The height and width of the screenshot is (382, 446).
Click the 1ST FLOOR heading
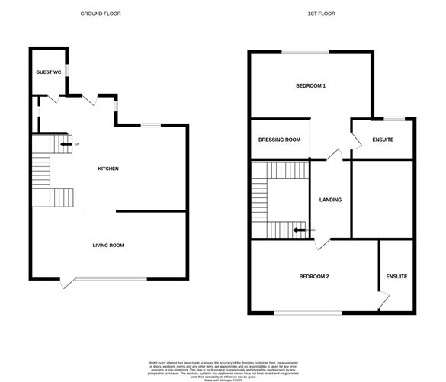pos(323,14)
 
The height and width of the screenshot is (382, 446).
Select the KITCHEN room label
pos(107,169)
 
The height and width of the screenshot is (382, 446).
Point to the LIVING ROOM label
pos(107,246)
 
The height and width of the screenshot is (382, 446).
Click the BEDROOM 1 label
pos(311,86)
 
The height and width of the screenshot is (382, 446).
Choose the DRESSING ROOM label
pos(279,140)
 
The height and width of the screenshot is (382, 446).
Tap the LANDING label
pos(330,200)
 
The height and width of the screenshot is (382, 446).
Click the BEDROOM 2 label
pos(313,276)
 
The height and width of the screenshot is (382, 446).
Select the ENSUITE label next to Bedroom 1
pos(382,140)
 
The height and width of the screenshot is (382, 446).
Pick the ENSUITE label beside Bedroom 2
pos(396,276)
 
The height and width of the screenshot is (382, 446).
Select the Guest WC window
pos(67,72)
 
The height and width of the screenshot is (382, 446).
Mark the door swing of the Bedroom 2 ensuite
pos(377,302)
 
